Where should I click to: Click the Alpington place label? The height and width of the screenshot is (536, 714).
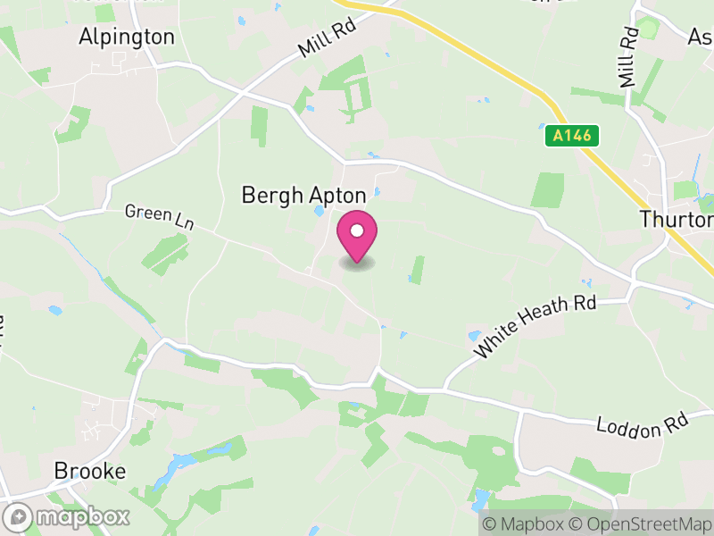tap(127, 37)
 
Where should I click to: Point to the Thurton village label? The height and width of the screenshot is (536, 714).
tap(676, 219)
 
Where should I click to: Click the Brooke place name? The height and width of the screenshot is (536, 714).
tap(89, 471)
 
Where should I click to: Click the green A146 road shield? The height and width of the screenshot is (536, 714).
tap(571, 136)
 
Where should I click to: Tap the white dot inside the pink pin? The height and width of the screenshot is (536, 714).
tap(357, 230)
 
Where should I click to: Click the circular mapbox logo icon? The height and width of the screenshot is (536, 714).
tap(19, 516)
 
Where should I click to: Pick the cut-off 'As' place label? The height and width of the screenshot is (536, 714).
tap(701, 37)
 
